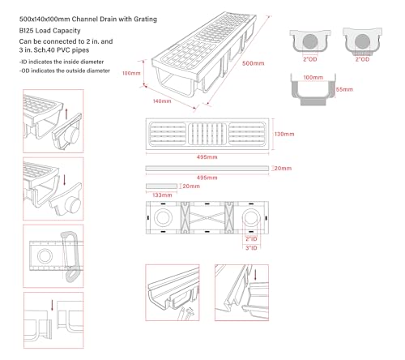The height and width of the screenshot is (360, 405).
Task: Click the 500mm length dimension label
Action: click(253, 63)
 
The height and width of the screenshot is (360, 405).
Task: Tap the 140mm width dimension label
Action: click(162, 101)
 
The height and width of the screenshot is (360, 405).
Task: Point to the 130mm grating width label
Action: click(284, 134)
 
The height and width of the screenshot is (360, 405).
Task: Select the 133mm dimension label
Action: click(162, 195)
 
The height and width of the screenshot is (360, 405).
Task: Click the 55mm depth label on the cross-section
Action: click(344, 89)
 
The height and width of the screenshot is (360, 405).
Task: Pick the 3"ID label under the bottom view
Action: click(251, 248)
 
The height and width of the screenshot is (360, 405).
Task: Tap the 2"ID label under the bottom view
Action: click(251, 239)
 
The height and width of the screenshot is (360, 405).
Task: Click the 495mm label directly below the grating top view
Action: click(207, 157)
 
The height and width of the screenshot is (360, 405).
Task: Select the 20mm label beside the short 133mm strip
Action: click(191, 186)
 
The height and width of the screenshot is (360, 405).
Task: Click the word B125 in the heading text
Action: click(27, 31)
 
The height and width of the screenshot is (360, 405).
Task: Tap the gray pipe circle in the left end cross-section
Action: click(310, 41)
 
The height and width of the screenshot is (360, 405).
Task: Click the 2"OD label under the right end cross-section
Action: click(362, 59)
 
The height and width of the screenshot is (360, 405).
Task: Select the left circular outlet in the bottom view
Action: click(163, 218)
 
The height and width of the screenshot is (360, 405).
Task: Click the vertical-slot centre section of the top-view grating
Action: click(207, 134)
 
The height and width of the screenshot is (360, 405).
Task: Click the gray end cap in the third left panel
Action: click(70, 257)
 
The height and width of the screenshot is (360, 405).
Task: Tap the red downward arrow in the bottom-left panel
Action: click(53, 305)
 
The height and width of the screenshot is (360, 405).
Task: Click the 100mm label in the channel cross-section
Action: click(313, 78)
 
